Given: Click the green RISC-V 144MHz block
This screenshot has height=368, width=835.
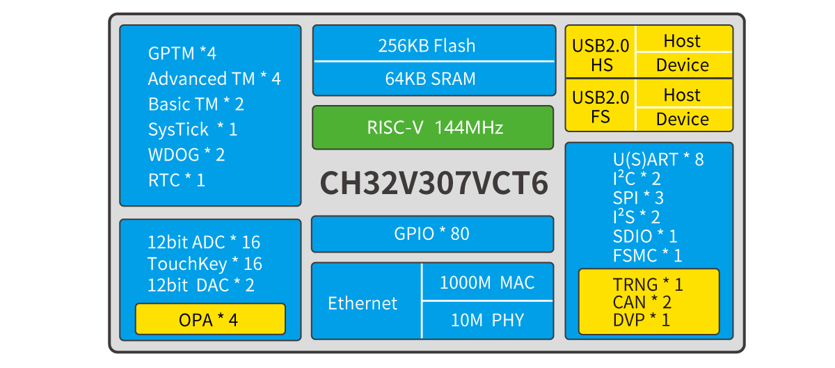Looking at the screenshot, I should [x=432, y=128].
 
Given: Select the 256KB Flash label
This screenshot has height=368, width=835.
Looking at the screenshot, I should [x=427, y=46].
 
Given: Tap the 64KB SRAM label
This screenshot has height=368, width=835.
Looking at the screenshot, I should [x=430, y=79].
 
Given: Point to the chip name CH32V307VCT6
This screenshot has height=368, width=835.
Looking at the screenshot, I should [x=434, y=183].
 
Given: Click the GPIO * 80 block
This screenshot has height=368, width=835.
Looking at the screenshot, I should [x=431, y=234].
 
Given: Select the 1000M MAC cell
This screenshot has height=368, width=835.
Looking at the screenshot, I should [x=487, y=282].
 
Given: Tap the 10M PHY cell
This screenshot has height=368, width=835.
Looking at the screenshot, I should [x=487, y=320].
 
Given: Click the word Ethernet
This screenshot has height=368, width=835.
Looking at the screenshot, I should [x=363, y=303].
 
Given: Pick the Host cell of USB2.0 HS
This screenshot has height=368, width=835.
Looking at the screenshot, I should [x=682, y=40].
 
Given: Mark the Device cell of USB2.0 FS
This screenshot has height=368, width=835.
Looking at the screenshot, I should [x=682, y=119].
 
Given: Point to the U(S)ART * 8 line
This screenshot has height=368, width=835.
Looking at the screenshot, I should [x=658, y=159].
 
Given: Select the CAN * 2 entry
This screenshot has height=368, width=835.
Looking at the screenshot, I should [x=642, y=302].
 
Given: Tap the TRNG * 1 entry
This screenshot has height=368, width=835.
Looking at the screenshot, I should [x=648, y=285].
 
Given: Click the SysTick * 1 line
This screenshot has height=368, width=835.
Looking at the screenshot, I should [x=193, y=129].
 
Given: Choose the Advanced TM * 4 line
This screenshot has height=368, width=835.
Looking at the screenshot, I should [x=214, y=79].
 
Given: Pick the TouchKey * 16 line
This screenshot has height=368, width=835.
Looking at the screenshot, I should [x=205, y=264].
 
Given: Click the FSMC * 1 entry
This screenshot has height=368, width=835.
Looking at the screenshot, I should [x=647, y=255].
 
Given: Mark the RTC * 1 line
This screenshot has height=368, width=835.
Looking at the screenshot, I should [x=177, y=180].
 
